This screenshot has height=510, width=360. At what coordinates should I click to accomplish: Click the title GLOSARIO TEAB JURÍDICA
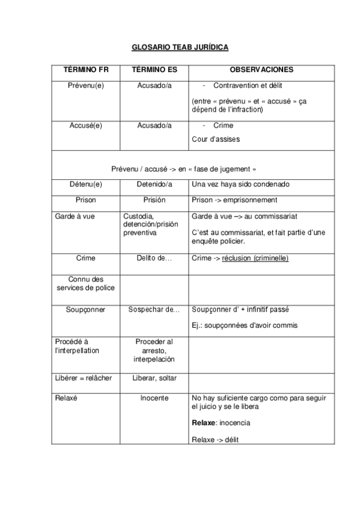pyautogui.click(x=180, y=46)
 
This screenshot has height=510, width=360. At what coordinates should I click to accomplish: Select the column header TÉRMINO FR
pyautogui.click(x=86, y=70)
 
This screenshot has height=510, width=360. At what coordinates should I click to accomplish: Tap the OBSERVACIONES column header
pyautogui.click(x=261, y=70)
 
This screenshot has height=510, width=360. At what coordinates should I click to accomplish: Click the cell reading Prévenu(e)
pyautogui.click(x=86, y=85)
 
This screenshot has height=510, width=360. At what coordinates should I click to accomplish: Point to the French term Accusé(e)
pyautogui.click(x=86, y=125)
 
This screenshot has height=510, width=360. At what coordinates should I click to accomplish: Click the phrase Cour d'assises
pyautogui.click(x=216, y=139)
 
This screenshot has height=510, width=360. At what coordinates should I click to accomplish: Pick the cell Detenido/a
pyautogui.click(x=154, y=184)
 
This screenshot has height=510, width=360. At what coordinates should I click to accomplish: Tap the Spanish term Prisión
pyautogui.click(x=154, y=200)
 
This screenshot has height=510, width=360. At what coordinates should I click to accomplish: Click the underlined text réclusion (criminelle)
pyautogui.click(x=255, y=258)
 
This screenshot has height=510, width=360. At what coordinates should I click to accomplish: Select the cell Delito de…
pyautogui.click(x=154, y=258)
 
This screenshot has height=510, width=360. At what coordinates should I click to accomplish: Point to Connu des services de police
pyautogui.click(x=86, y=283)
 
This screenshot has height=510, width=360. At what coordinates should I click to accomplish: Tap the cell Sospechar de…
pyautogui.click(x=154, y=310)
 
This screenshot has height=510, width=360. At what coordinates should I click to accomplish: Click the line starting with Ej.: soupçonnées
pyautogui.click(x=245, y=325)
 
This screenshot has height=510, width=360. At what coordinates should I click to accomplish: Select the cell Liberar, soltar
pyautogui.click(x=154, y=378)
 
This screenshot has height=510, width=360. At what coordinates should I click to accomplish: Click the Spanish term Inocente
pyautogui.click(x=154, y=398)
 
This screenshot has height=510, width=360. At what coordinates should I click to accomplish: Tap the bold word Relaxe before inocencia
pyautogui.click(x=203, y=423)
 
